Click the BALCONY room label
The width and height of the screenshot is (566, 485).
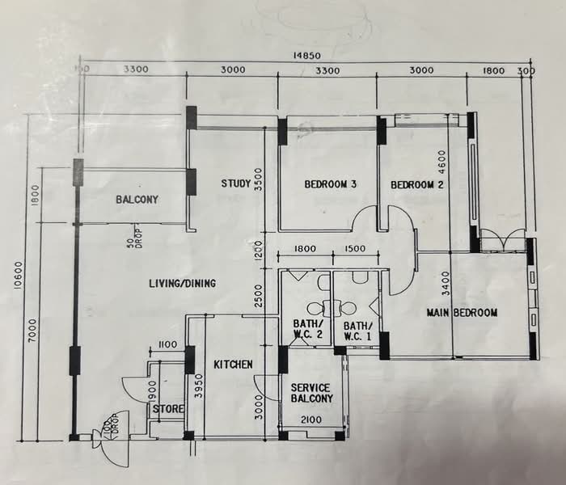click(x=137, y=200)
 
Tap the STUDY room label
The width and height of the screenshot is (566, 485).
click(x=235, y=184)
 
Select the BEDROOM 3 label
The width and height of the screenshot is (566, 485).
click(x=331, y=184)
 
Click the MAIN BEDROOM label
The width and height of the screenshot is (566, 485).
click(x=463, y=312)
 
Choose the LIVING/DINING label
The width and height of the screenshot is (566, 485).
click(x=185, y=283)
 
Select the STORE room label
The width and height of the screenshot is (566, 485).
click(x=168, y=409)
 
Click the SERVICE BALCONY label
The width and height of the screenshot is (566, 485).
click(x=311, y=393)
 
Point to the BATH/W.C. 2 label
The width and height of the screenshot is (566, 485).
click(x=306, y=330)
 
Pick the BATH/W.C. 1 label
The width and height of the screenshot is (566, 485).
click(x=357, y=330)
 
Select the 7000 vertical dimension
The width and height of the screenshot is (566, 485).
click(x=32, y=332)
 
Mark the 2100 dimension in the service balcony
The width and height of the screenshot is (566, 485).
click(x=311, y=419)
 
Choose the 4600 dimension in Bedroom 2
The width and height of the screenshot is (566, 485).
click(x=441, y=169)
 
